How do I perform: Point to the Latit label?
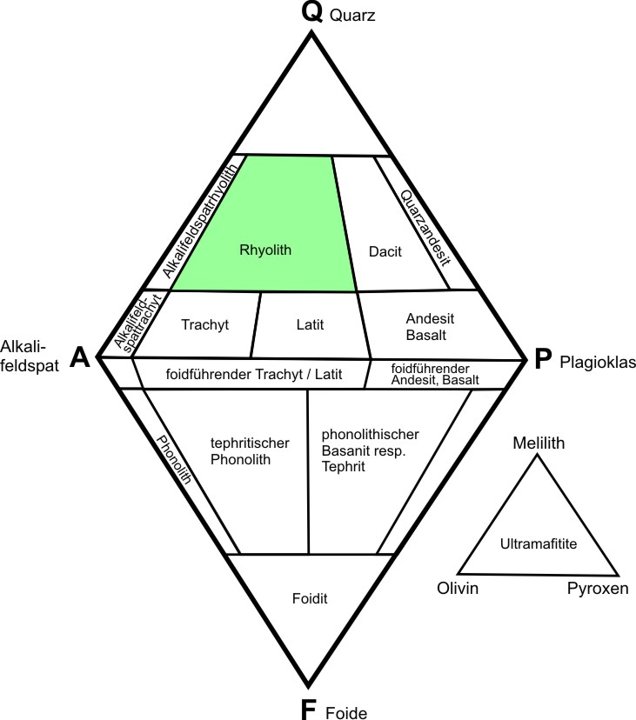[310, 325]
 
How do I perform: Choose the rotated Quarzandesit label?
[426, 228]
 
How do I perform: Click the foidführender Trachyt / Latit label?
[251, 375]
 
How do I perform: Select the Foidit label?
[310, 598]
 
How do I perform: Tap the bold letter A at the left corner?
[81, 357]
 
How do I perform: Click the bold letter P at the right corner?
[543, 358]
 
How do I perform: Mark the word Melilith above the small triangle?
[539, 443]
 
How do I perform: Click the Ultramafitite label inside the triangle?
[539, 543]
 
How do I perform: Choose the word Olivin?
[459, 590]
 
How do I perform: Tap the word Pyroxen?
[597, 590]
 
